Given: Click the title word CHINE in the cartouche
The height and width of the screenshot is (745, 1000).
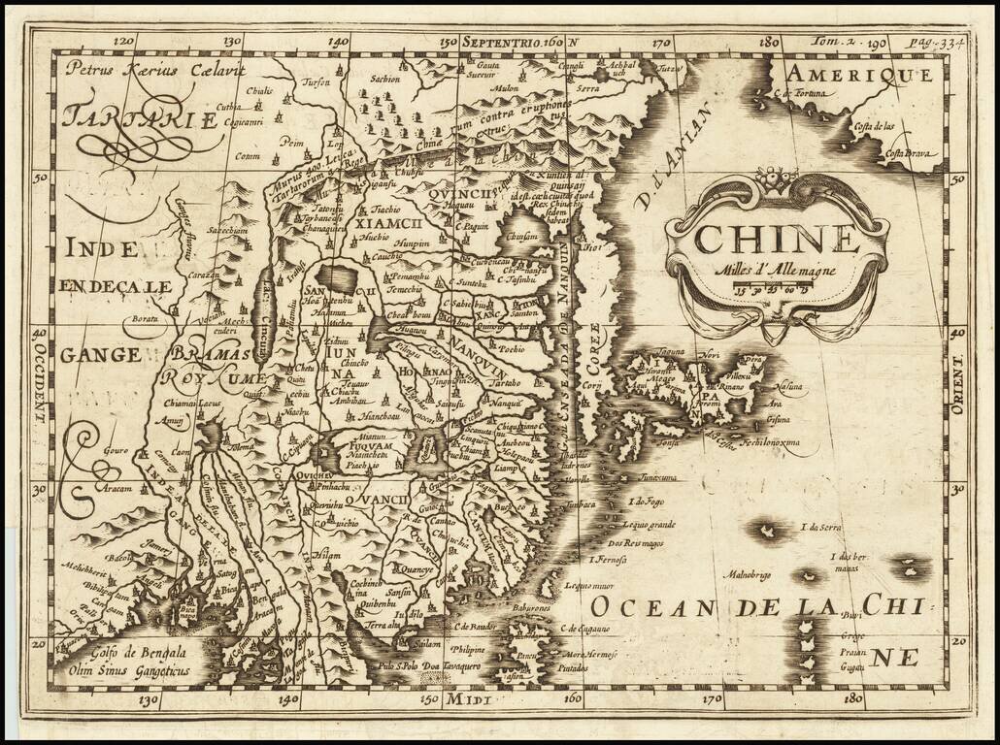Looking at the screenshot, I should point(777,239).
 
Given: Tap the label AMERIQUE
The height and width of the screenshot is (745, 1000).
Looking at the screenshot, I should point(859,74).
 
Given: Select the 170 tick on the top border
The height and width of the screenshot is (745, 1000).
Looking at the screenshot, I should point(663,42).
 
